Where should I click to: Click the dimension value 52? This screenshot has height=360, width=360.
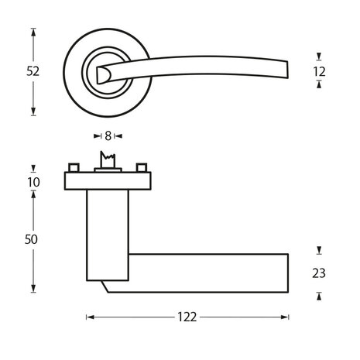pos(33,70)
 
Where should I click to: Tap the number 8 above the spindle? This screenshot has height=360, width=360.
pos(108,135)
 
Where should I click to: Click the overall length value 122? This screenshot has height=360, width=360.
pos(187,317)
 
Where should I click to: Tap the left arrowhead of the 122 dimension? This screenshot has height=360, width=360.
pos(88,317)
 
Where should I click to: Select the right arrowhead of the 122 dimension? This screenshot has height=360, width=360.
pos(286,317)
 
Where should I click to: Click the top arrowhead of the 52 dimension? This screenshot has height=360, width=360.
pos(33,32)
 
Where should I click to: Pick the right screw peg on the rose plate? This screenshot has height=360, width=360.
pos(142,168)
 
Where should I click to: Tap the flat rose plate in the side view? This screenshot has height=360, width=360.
pos(106,181)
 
